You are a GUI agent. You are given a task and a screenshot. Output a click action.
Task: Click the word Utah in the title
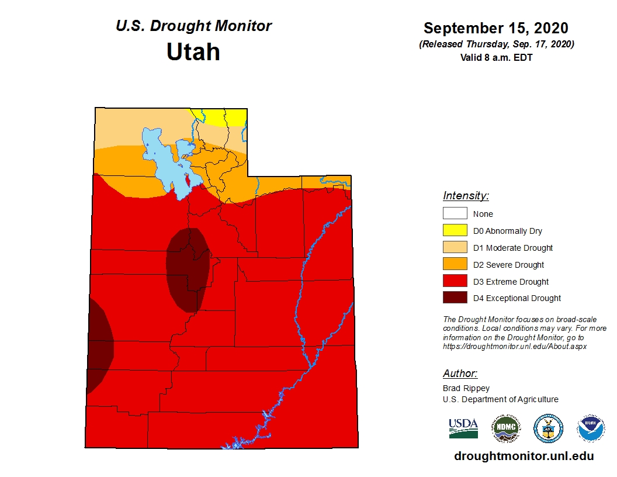click(x=193, y=52)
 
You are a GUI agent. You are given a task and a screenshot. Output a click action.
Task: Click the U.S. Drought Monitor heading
click(x=193, y=26)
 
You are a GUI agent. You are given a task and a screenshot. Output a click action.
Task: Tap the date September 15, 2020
click(x=496, y=28)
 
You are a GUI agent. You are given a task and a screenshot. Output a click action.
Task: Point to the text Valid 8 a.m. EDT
click(x=496, y=57)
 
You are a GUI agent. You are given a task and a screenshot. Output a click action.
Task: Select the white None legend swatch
click(x=455, y=213)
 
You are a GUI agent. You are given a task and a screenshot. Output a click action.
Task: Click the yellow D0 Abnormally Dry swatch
click(x=455, y=230)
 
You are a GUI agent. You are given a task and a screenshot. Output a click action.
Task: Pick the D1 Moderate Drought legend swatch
click(x=455, y=247)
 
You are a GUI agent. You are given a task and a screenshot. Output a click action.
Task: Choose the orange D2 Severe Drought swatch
click(x=455, y=264)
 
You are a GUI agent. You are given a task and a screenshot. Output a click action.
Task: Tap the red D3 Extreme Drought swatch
click(x=455, y=281)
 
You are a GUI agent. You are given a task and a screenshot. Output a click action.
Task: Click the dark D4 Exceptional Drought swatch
click(x=455, y=298)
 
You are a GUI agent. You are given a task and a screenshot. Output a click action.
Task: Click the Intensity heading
click(x=466, y=196)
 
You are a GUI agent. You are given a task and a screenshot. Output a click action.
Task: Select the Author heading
click(x=460, y=374)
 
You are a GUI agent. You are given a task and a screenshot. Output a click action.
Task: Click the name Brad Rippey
click(x=466, y=388)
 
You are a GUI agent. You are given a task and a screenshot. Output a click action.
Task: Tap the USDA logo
click(x=463, y=428)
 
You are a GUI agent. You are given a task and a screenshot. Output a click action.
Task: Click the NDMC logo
click(x=505, y=428)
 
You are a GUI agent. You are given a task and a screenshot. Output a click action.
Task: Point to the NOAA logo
click(x=591, y=428)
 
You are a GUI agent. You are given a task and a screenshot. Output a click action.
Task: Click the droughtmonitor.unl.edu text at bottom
click(x=524, y=457)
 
